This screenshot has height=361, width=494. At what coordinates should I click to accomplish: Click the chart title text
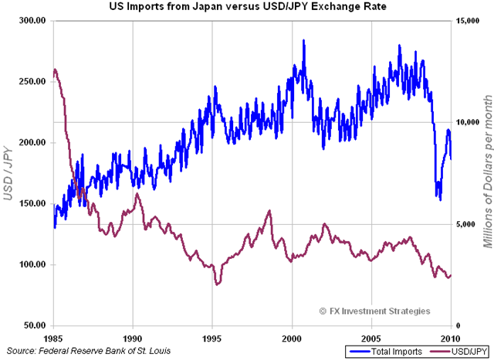coord(246,7)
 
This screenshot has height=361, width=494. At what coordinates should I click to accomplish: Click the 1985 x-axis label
coord(54,339)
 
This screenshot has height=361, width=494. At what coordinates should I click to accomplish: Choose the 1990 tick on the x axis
coord(133,339)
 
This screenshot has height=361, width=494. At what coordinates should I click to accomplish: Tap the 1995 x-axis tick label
coord(212,339)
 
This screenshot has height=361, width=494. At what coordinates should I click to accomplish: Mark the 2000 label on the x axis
coord(292,339)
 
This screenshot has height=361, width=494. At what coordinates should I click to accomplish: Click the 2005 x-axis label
coord(371,339)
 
